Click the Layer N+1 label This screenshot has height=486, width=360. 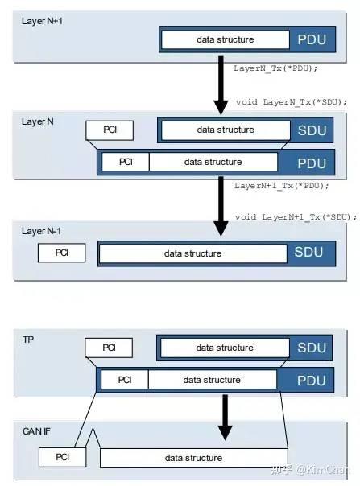coord(42,21)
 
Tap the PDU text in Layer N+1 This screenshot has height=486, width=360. coord(312,39)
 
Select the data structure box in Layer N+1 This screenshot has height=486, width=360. coord(226,39)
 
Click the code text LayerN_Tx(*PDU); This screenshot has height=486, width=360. coord(275,68)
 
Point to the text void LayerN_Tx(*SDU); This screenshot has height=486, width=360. coord(291,102)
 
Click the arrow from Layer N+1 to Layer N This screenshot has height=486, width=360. coord(221,85)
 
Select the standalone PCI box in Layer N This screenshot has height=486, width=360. coord(110,130)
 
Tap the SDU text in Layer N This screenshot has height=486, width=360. coord(312,130)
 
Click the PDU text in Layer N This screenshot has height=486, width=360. coord(312,163)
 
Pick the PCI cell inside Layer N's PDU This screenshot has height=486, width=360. coord(126,162)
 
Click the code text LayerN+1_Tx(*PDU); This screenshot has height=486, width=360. coord(281,186)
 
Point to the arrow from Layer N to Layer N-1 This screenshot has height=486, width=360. coord(221,206)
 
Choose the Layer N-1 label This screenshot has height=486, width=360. coord(41,231)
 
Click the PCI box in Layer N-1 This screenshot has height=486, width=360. coord(61,253)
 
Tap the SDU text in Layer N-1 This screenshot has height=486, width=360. coord(308,252)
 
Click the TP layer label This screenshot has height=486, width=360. coord(28,340)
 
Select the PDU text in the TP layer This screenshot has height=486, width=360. coord(311,381)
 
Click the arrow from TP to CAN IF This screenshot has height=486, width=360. coord(225,417)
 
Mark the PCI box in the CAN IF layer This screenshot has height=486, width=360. coord(62,457)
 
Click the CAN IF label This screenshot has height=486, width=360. coord(36,431)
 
